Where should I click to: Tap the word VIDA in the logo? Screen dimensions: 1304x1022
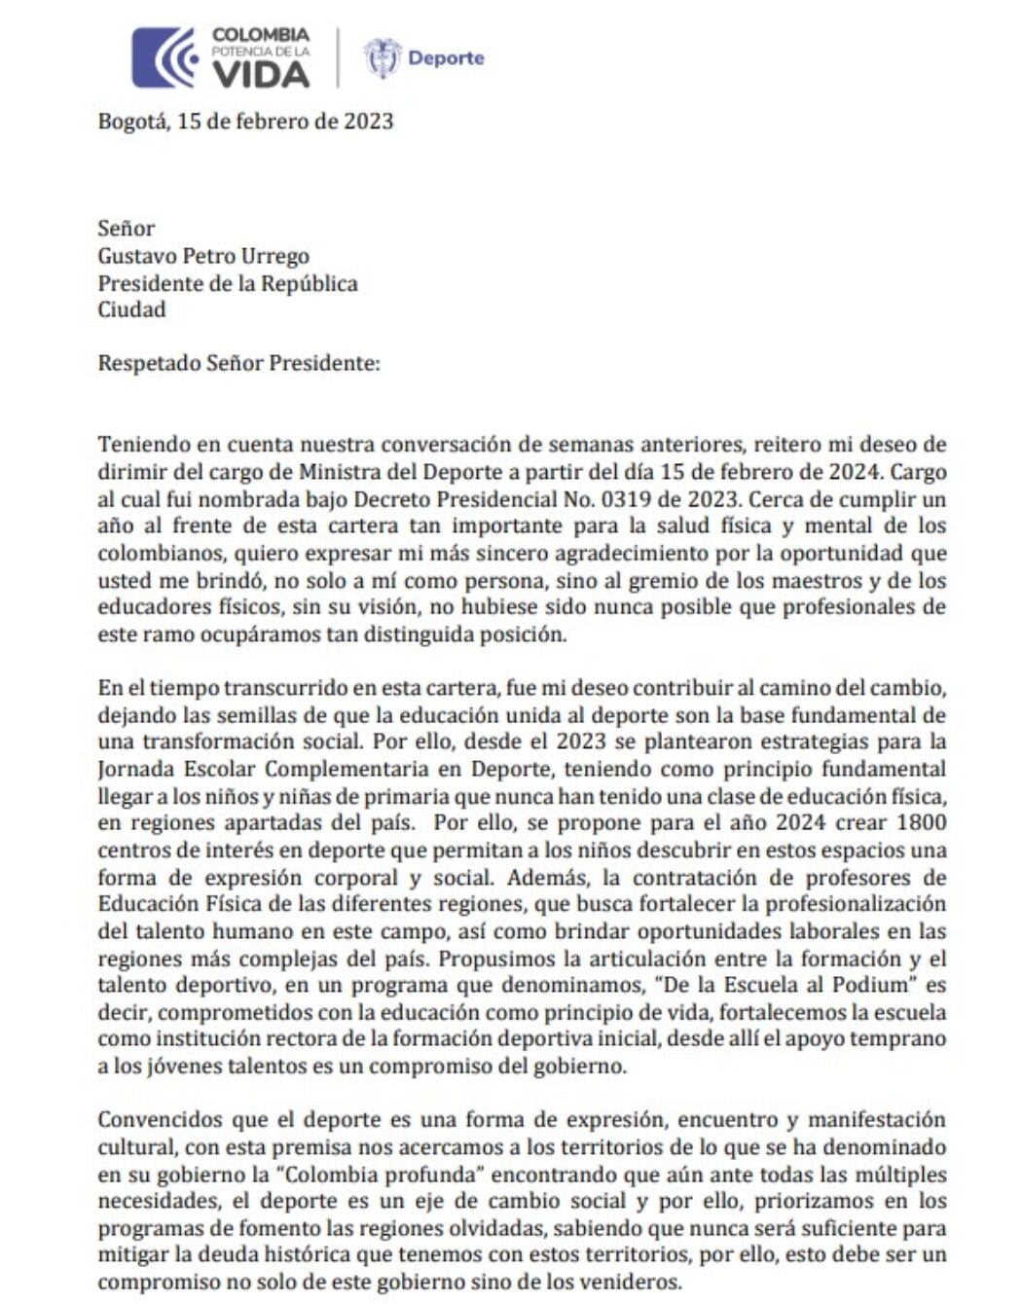point(261,73)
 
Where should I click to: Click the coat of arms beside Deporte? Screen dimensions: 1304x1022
point(382,58)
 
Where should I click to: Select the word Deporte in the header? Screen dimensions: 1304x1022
point(446,58)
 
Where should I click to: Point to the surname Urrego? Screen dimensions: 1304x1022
point(275,256)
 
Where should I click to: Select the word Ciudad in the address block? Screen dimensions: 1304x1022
point(131,309)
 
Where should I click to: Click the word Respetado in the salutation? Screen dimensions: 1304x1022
point(149,363)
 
